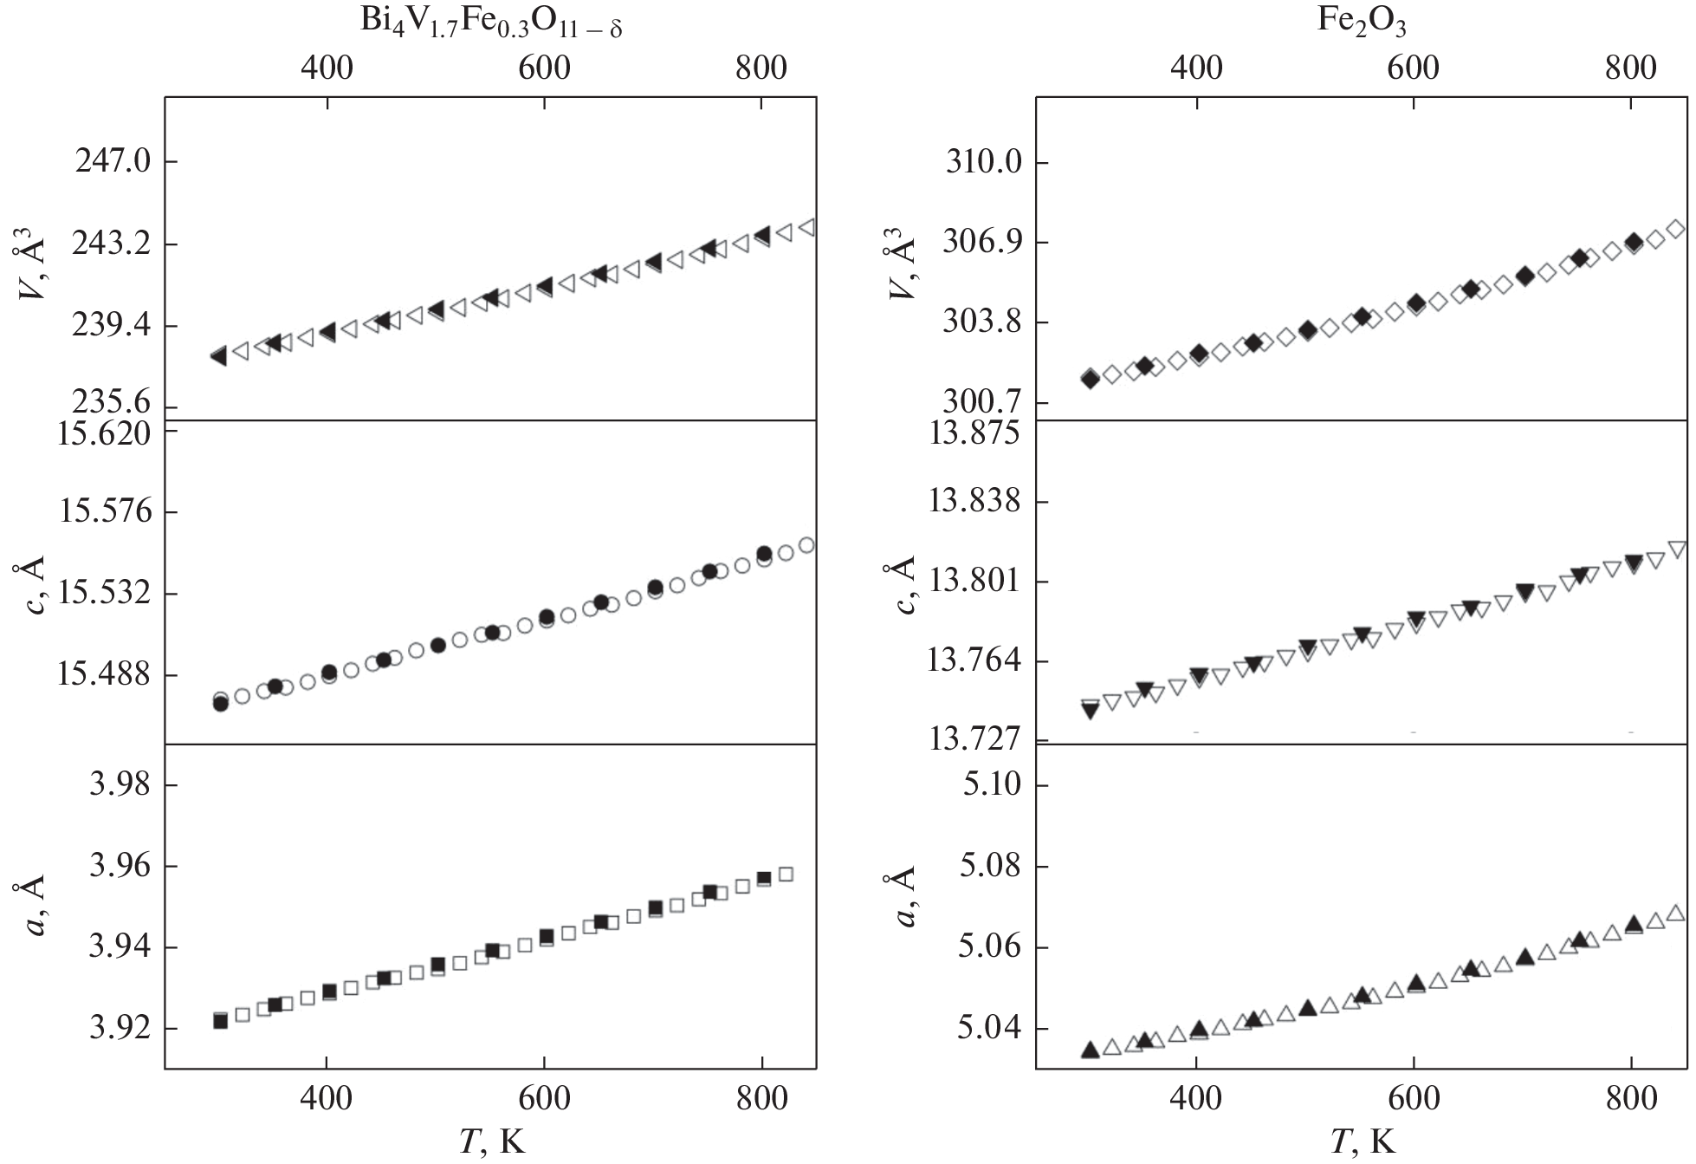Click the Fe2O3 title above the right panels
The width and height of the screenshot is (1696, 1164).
(1362, 23)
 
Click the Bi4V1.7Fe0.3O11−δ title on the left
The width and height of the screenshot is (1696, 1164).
(491, 23)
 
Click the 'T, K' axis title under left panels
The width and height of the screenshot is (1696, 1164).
(491, 1142)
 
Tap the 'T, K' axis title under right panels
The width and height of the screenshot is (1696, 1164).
(1362, 1142)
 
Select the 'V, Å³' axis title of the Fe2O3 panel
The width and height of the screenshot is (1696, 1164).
(903, 267)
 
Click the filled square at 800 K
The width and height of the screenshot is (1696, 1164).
(763, 878)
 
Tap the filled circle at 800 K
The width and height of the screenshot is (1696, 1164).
(764, 553)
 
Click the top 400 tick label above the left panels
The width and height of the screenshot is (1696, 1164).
(327, 68)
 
